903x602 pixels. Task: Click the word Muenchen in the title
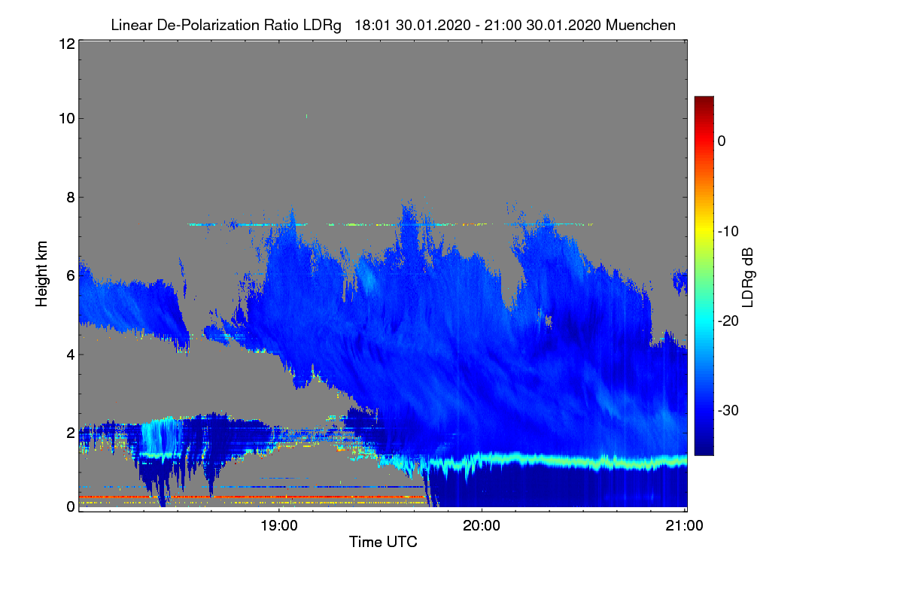point(640,26)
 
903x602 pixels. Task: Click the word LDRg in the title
point(322,26)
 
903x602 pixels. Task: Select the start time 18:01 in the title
point(372,26)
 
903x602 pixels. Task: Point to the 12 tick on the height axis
point(67,44)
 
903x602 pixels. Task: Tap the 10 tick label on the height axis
point(67,119)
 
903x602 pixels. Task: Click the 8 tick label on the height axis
point(71,197)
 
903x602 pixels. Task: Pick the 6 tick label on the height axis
point(71,276)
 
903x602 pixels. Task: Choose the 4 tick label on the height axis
point(71,355)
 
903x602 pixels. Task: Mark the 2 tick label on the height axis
point(71,433)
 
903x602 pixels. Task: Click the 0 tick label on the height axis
point(71,506)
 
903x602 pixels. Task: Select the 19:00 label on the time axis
point(279,526)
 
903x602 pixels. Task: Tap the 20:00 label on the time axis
point(482,526)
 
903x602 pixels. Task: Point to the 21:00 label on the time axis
point(684,526)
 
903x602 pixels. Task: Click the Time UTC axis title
point(383,542)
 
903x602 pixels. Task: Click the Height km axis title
point(41,274)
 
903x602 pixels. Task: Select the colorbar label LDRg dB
point(748,278)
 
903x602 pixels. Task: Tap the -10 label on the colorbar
point(728,232)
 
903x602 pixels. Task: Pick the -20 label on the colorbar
point(728,321)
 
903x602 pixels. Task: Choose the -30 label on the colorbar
point(728,410)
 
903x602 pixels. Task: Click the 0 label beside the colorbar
point(722,141)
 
